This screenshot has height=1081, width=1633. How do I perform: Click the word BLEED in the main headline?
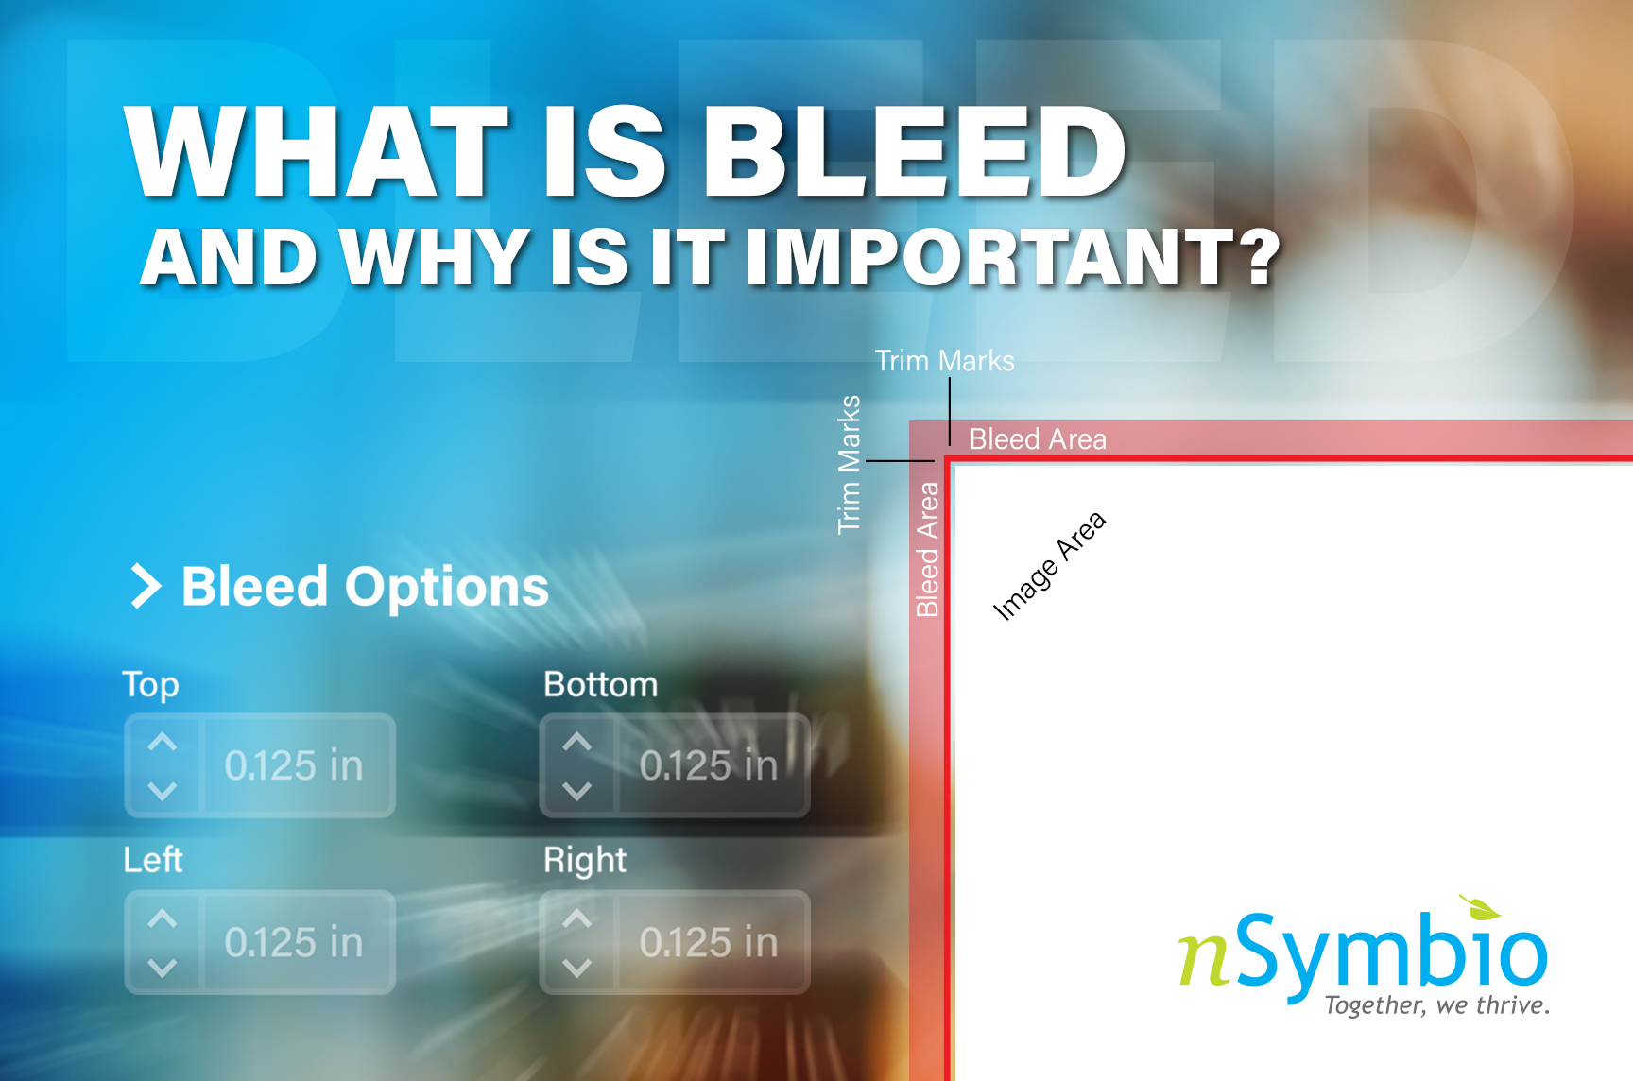tap(914, 151)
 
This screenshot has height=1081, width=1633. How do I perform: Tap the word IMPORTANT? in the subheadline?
tap(1012, 257)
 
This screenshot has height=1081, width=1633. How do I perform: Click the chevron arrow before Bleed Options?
tap(146, 586)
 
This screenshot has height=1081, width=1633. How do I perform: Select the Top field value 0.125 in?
tap(294, 765)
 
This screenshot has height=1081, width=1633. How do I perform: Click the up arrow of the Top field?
tap(163, 742)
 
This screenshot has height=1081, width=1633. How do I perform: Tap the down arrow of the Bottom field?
tap(577, 790)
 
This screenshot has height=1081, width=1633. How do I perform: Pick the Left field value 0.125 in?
tap(294, 942)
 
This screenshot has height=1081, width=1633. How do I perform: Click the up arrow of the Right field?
tap(577, 918)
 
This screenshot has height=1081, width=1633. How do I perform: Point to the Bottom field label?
tap(601, 684)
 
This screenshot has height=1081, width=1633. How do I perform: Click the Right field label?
tap(585, 861)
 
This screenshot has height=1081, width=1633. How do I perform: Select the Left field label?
tap(153, 860)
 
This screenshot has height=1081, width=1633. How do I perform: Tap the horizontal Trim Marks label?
tap(944, 360)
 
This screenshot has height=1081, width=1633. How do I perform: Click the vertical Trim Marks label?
tap(850, 464)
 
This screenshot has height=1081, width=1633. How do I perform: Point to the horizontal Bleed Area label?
tap(1038, 439)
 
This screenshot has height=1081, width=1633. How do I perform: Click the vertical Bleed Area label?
tap(928, 549)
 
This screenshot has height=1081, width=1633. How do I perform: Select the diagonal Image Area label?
tap(1049, 565)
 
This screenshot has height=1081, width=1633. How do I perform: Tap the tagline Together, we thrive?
tap(1437, 1004)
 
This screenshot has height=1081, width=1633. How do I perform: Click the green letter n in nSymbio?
tap(1204, 959)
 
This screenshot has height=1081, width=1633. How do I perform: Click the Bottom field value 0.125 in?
tap(709, 765)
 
